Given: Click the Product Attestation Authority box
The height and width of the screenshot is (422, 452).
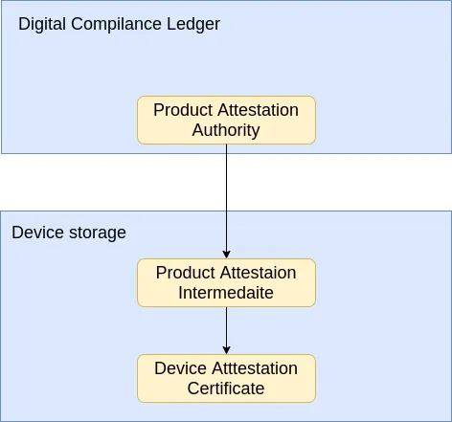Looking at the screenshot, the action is tap(226, 121).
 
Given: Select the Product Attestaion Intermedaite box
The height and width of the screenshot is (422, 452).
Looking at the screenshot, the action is tap(226, 283).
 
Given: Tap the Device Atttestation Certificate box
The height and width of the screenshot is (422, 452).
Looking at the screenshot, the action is tap(226, 378).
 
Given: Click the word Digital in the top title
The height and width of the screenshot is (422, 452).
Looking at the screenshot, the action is tap(42, 25).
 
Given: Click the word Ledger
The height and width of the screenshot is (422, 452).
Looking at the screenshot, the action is tap(193, 25).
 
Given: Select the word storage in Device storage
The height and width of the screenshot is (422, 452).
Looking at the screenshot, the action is tap(98, 233).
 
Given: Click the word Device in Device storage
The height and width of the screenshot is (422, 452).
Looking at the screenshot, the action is tap(37, 233).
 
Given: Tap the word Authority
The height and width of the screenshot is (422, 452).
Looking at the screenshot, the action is tap(226, 131).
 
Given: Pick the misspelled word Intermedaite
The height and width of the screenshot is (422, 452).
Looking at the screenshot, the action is tap(226, 293).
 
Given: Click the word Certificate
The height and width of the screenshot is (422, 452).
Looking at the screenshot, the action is tap(226, 389).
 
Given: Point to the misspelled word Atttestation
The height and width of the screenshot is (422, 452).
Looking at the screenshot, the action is tap(255, 368).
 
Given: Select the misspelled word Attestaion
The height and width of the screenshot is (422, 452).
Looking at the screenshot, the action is tap(258, 273).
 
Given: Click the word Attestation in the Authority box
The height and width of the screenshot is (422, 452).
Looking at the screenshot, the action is tap(259, 110).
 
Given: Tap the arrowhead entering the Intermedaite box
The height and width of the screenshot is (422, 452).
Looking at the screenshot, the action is tap(226, 255).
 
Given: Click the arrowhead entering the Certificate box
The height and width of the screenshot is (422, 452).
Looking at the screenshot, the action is tap(226, 350).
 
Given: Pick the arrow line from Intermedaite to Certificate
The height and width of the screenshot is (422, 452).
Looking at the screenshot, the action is tap(226, 330).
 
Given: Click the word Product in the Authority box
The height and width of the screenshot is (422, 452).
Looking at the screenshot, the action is tap(183, 110).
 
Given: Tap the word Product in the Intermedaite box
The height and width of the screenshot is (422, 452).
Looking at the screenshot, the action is tap(186, 273).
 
